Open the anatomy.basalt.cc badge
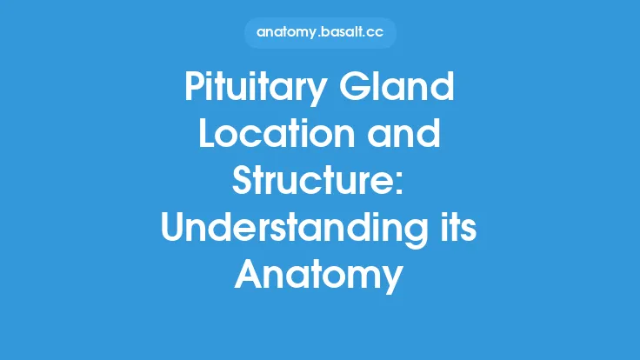[319, 33]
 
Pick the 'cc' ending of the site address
[374, 33]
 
